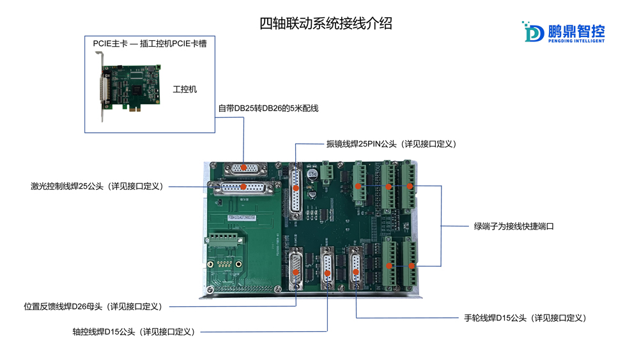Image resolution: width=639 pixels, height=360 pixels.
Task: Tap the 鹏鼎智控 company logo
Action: pos(563,31)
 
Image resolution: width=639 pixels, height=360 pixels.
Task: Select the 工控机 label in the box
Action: pos(185,90)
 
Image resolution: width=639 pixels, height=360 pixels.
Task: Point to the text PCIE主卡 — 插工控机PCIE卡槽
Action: pos(150,43)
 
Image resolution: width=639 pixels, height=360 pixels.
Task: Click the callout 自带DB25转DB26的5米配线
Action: pos(268,109)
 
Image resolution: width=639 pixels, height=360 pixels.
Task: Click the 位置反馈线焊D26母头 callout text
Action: pos(93,306)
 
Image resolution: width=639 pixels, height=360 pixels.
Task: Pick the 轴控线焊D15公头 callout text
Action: pos(134,331)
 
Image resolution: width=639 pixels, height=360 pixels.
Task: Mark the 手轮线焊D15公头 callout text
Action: pos(525,318)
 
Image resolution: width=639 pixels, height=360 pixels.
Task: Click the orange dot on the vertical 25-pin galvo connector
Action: pos(296,187)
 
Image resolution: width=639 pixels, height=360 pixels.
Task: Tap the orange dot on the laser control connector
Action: pos(243,187)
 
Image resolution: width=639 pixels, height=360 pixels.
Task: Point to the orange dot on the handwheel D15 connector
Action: pos(355,272)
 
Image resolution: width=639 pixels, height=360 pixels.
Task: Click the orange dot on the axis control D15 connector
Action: pos(327,273)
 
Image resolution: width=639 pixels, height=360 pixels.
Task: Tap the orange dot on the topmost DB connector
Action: pos(243,167)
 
